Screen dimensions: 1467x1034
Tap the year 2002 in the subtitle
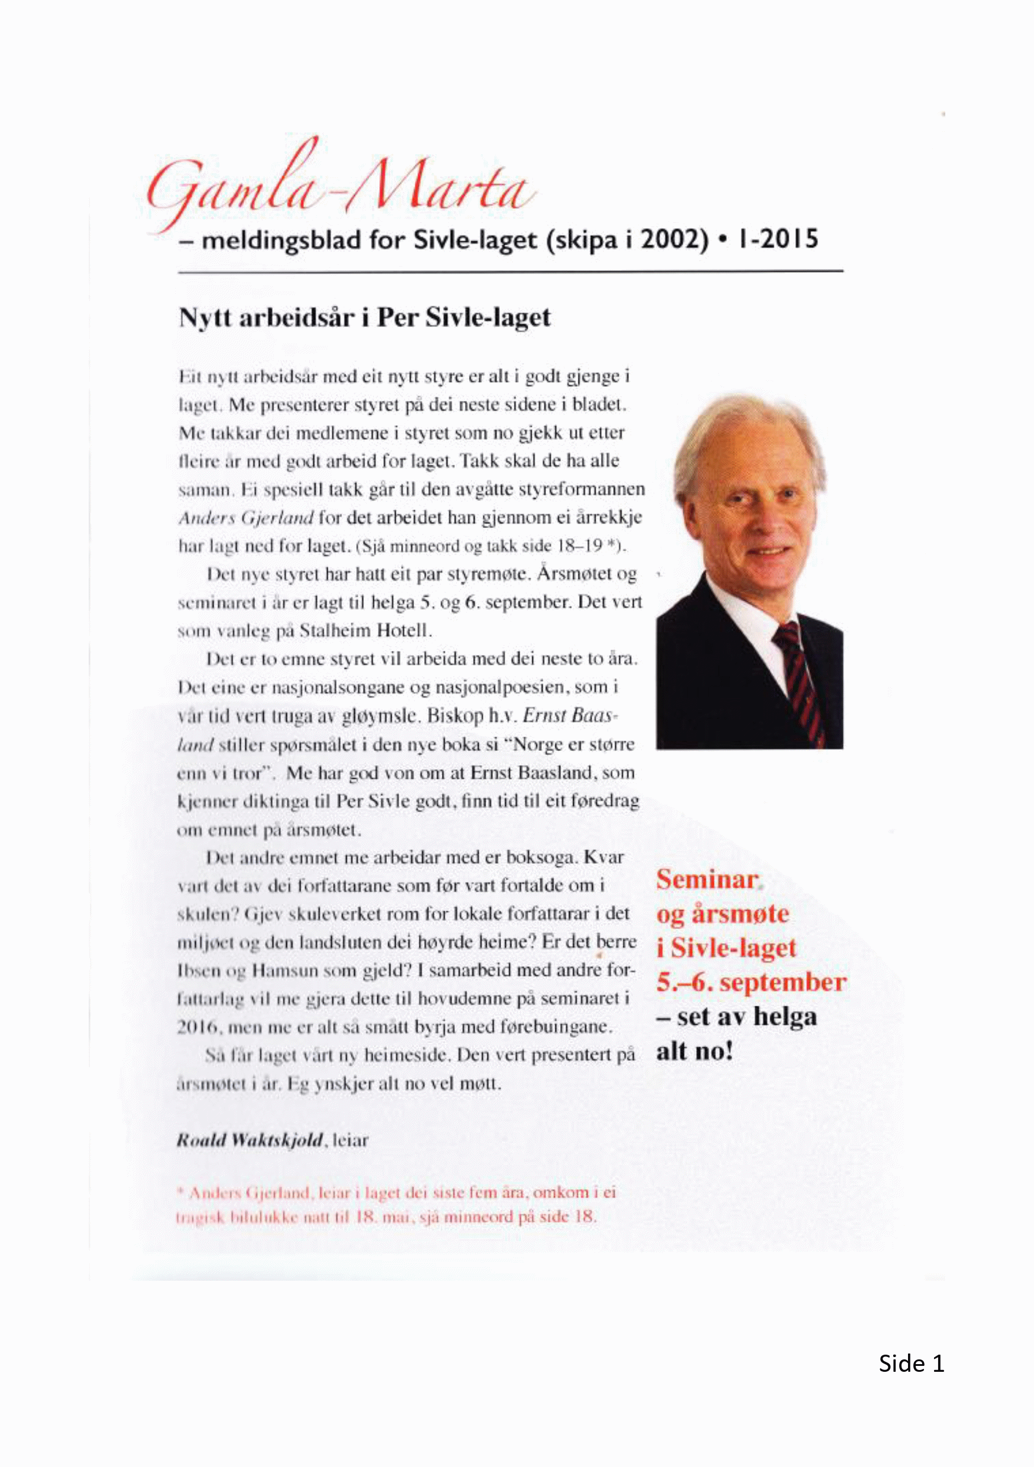click(674, 240)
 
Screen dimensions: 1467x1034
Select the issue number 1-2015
click(778, 239)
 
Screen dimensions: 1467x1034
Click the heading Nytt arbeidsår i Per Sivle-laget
click(364, 318)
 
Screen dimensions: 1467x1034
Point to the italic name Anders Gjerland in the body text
click(245, 517)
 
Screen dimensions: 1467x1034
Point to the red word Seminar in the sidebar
click(707, 880)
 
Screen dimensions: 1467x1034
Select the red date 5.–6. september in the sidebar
click(751, 983)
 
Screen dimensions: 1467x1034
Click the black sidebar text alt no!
click(694, 1051)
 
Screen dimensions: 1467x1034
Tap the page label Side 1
click(910, 1364)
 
